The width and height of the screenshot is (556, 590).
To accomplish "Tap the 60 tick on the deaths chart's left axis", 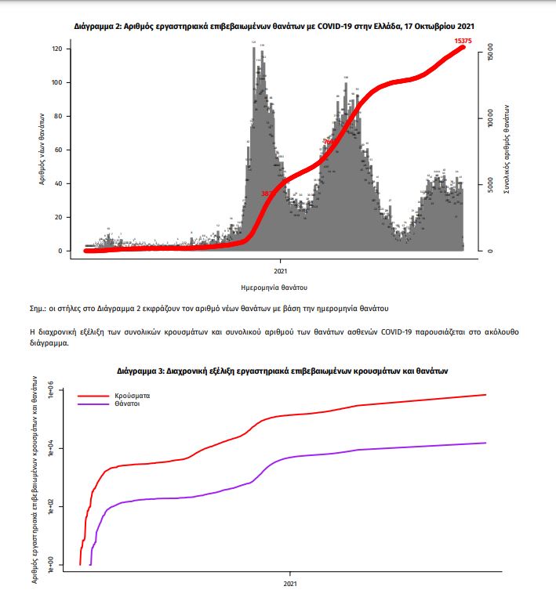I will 69,150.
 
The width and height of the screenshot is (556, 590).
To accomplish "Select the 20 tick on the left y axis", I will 69,217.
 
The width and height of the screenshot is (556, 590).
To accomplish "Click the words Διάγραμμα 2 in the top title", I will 100,26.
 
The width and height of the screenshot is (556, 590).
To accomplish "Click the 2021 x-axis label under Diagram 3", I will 290,584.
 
